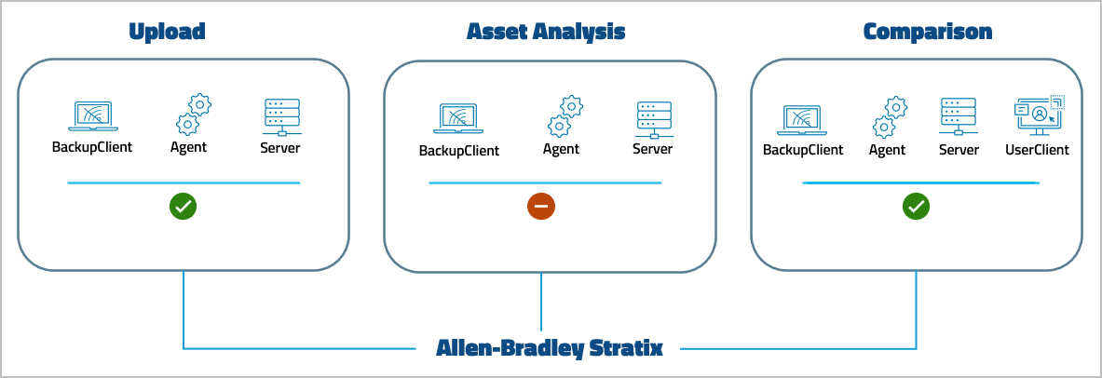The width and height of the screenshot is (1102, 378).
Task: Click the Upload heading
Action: click(x=167, y=32)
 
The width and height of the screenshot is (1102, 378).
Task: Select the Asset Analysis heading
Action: click(x=546, y=32)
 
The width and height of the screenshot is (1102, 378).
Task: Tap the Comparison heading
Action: click(x=927, y=32)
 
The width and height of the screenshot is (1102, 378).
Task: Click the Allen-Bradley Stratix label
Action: click(x=550, y=349)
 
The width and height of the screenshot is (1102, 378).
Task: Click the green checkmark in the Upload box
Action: click(x=183, y=208)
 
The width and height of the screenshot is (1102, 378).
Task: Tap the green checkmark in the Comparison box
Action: click(x=916, y=207)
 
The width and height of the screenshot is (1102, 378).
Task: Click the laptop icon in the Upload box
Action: click(x=91, y=116)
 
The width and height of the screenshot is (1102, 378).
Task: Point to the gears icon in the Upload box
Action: click(x=192, y=114)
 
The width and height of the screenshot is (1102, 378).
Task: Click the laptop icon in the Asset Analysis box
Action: click(x=457, y=119)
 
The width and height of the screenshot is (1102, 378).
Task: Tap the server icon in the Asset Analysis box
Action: click(x=652, y=118)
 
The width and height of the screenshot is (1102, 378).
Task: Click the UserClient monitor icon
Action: click(x=1037, y=117)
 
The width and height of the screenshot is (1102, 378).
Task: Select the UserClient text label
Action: click(x=1037, y=150)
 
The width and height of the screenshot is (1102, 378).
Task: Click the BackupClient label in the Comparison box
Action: click(x=803, y=150)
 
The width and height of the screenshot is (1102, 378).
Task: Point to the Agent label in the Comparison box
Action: click(x=887, y=150)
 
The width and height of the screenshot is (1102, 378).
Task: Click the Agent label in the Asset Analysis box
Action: click(x=561, y=149)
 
